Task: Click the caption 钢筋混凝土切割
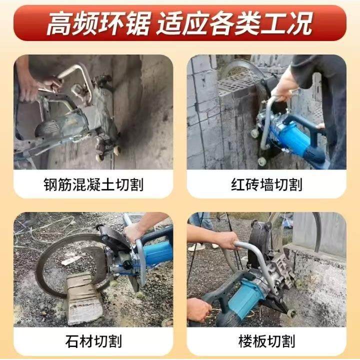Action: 93,185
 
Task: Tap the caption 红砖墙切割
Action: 266,185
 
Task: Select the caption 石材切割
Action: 93,342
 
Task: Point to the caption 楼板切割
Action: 266,342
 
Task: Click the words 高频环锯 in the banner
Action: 97,23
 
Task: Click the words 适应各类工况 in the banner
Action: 234,23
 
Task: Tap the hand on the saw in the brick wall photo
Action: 284,85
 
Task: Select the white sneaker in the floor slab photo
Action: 196,246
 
